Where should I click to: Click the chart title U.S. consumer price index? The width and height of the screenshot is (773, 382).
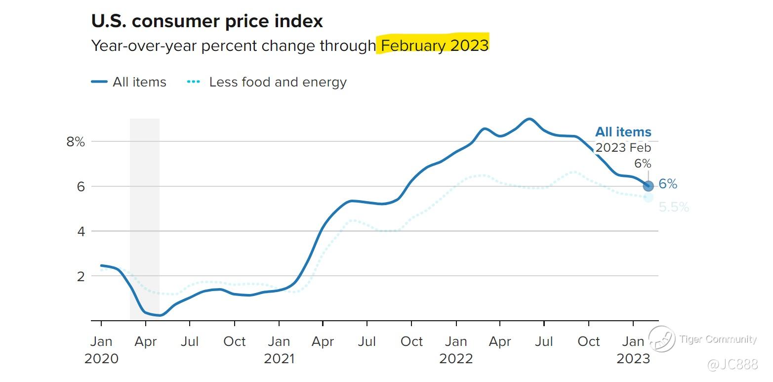(207, 21)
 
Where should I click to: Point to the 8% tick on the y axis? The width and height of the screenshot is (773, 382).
(76, 142)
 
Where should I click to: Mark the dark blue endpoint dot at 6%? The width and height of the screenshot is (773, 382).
(649, 186)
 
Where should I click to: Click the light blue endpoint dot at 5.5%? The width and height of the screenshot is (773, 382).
(649, 197)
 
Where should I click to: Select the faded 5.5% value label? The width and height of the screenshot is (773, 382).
(674, 207)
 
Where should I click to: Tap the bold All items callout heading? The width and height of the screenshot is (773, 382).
(623, 132)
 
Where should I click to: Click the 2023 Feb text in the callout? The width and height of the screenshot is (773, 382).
(623, 148)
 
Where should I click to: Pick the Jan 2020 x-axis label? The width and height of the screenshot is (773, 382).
(101, 349)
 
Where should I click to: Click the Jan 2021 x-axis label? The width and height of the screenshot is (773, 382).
(279, 349)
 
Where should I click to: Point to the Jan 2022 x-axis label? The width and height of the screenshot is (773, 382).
(456, 349)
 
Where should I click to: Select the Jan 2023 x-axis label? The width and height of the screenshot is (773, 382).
(633, 349)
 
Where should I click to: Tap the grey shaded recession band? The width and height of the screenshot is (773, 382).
(145, 217)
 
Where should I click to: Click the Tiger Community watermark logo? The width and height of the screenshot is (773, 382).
(662, 340)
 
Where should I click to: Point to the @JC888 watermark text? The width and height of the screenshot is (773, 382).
(732, 365)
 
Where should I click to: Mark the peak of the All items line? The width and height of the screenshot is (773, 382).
(529, 119)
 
